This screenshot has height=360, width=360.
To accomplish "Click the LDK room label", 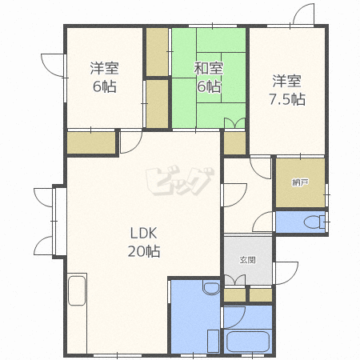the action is pos(143,233).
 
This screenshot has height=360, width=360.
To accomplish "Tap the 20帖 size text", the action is pos(144,251).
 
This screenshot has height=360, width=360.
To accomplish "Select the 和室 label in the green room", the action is pos(208,68).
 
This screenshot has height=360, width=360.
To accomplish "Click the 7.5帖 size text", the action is pos(287,99).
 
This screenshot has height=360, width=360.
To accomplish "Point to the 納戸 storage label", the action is pos(300,182).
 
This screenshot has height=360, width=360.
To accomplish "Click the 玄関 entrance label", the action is pos(248,260).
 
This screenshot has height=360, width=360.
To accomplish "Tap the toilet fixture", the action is pos(314,222).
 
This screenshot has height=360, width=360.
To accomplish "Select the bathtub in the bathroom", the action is pos(248,342).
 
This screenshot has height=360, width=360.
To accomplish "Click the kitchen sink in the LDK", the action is pos(77,290).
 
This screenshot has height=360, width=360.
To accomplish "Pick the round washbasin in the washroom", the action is pos(211,288).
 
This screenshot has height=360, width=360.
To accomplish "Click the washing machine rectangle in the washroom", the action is pos(213,341).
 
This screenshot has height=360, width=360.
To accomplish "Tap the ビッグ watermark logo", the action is pos(180,181).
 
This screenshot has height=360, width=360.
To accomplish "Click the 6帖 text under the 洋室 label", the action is pos(104,86).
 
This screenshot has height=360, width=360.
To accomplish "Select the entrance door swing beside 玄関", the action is pos(286,273).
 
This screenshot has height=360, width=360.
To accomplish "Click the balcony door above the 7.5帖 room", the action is pos(303,14).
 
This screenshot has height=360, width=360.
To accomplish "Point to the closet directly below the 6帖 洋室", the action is pos(91,143).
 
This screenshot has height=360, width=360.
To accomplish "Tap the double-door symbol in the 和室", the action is pos(234,123).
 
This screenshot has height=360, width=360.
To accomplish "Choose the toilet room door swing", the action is pos(262,222).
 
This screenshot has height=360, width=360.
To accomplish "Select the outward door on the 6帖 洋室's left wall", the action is pos(52,66).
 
